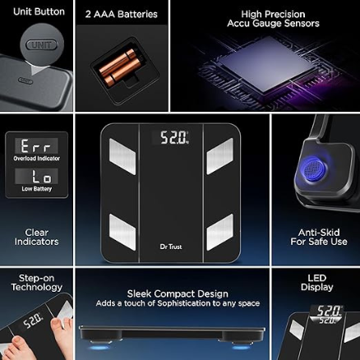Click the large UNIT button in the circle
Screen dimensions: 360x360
click(41, 45)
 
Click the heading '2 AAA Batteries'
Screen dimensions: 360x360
click(122, 14)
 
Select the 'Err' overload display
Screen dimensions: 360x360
click(36, 146)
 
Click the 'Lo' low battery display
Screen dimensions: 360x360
click(36, 176)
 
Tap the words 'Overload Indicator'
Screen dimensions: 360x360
click(37, 159)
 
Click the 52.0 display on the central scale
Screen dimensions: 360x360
click(171, 137)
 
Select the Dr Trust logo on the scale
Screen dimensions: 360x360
click(171, 247)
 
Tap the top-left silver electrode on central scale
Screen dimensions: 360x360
click(122, 156)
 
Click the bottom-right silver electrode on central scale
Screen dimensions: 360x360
click(220, 232)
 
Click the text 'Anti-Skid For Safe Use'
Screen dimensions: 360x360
click(319, 237)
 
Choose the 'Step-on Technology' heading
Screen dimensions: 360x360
click(37, 283)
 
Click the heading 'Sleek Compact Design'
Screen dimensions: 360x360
click(178, 293)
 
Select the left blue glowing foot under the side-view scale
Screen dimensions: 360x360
click(100, 348)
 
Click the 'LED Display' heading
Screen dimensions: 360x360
click(317, 283)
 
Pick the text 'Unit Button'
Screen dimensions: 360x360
click(39, 12)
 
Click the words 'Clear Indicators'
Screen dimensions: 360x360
click(37, 237)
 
